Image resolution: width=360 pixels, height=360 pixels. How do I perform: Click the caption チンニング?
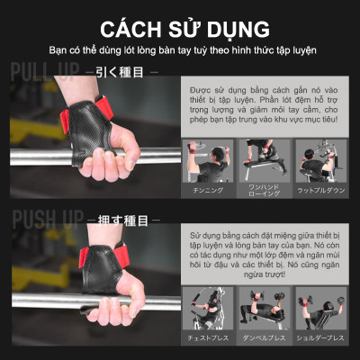point(208,191)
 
